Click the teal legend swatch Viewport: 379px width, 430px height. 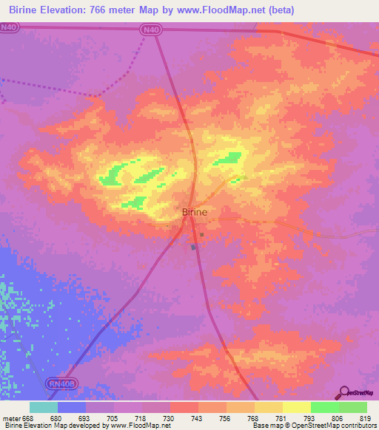click(x=44, y=407)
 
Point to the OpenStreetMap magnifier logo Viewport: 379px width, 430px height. click(x=345, y=392)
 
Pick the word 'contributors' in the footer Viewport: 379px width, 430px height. click(x=358, y=426)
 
